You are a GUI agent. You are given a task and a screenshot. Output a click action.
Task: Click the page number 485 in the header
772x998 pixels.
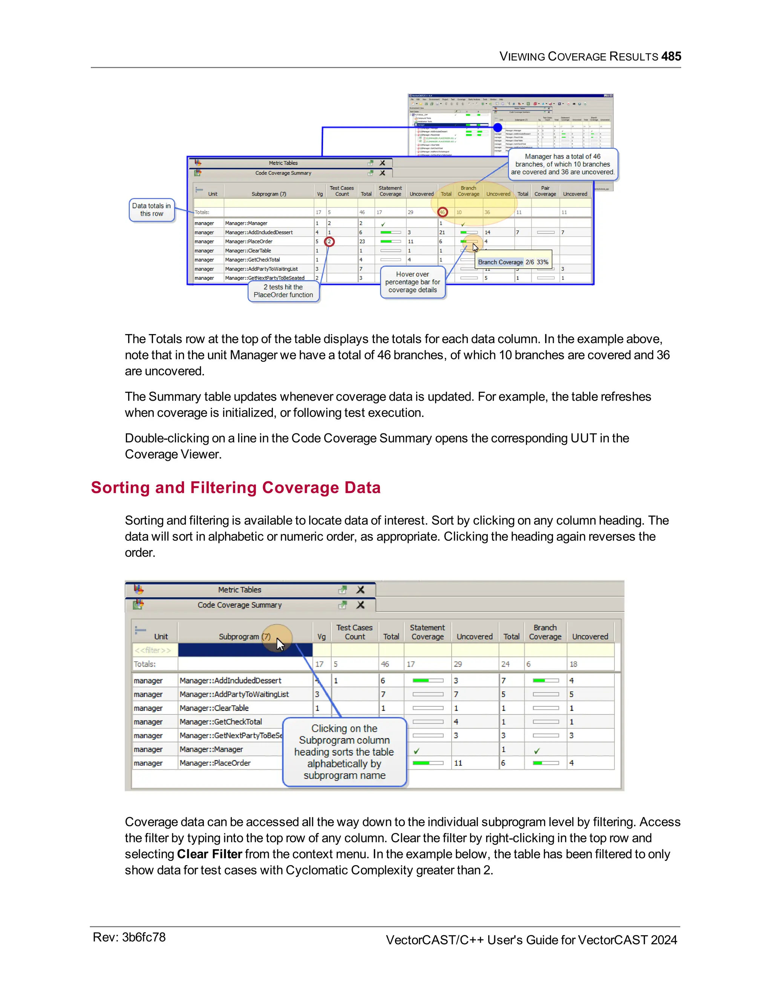tap(671, 56)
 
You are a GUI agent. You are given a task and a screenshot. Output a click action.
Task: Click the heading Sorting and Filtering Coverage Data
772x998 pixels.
tap(236, 488)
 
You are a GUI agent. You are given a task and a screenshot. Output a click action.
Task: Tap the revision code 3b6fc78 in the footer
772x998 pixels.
tap(143, 937)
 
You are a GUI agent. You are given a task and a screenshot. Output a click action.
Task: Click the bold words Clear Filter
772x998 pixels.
tap(210, 854)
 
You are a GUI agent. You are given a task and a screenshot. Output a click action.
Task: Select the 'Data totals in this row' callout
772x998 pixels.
tap(152, 210)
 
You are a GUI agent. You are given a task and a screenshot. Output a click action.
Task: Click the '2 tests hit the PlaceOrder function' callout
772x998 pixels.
tap(283, 291)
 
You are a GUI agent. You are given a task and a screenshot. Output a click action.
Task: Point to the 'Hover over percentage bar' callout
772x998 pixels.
tap(412, 282)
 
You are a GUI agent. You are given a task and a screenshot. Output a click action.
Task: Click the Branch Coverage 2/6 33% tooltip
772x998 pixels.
tap(513, 262)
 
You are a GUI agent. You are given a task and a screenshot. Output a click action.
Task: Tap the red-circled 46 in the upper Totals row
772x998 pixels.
tap(442, 212)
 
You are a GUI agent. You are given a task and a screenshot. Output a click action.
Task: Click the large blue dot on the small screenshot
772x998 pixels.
tap(498, 128)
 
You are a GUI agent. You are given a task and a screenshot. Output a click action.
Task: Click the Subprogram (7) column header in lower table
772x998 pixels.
tap(244, 636)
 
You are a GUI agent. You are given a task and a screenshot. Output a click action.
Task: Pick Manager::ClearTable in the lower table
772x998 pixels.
tap(214, 708)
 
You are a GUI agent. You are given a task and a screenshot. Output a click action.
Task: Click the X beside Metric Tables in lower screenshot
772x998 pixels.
tap(360, 590)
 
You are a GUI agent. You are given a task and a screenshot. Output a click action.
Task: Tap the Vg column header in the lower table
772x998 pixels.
tap(322, 636)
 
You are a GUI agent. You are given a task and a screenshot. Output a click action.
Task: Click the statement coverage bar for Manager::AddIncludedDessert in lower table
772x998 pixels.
tap(427, 681)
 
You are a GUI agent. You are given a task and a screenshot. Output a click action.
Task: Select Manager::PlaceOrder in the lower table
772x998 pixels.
tap(215, 763)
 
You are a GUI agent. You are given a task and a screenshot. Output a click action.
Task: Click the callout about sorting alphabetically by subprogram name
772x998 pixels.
tap(345, 752)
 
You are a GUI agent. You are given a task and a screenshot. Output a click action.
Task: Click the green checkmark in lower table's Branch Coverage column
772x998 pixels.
tap(537, 751)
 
